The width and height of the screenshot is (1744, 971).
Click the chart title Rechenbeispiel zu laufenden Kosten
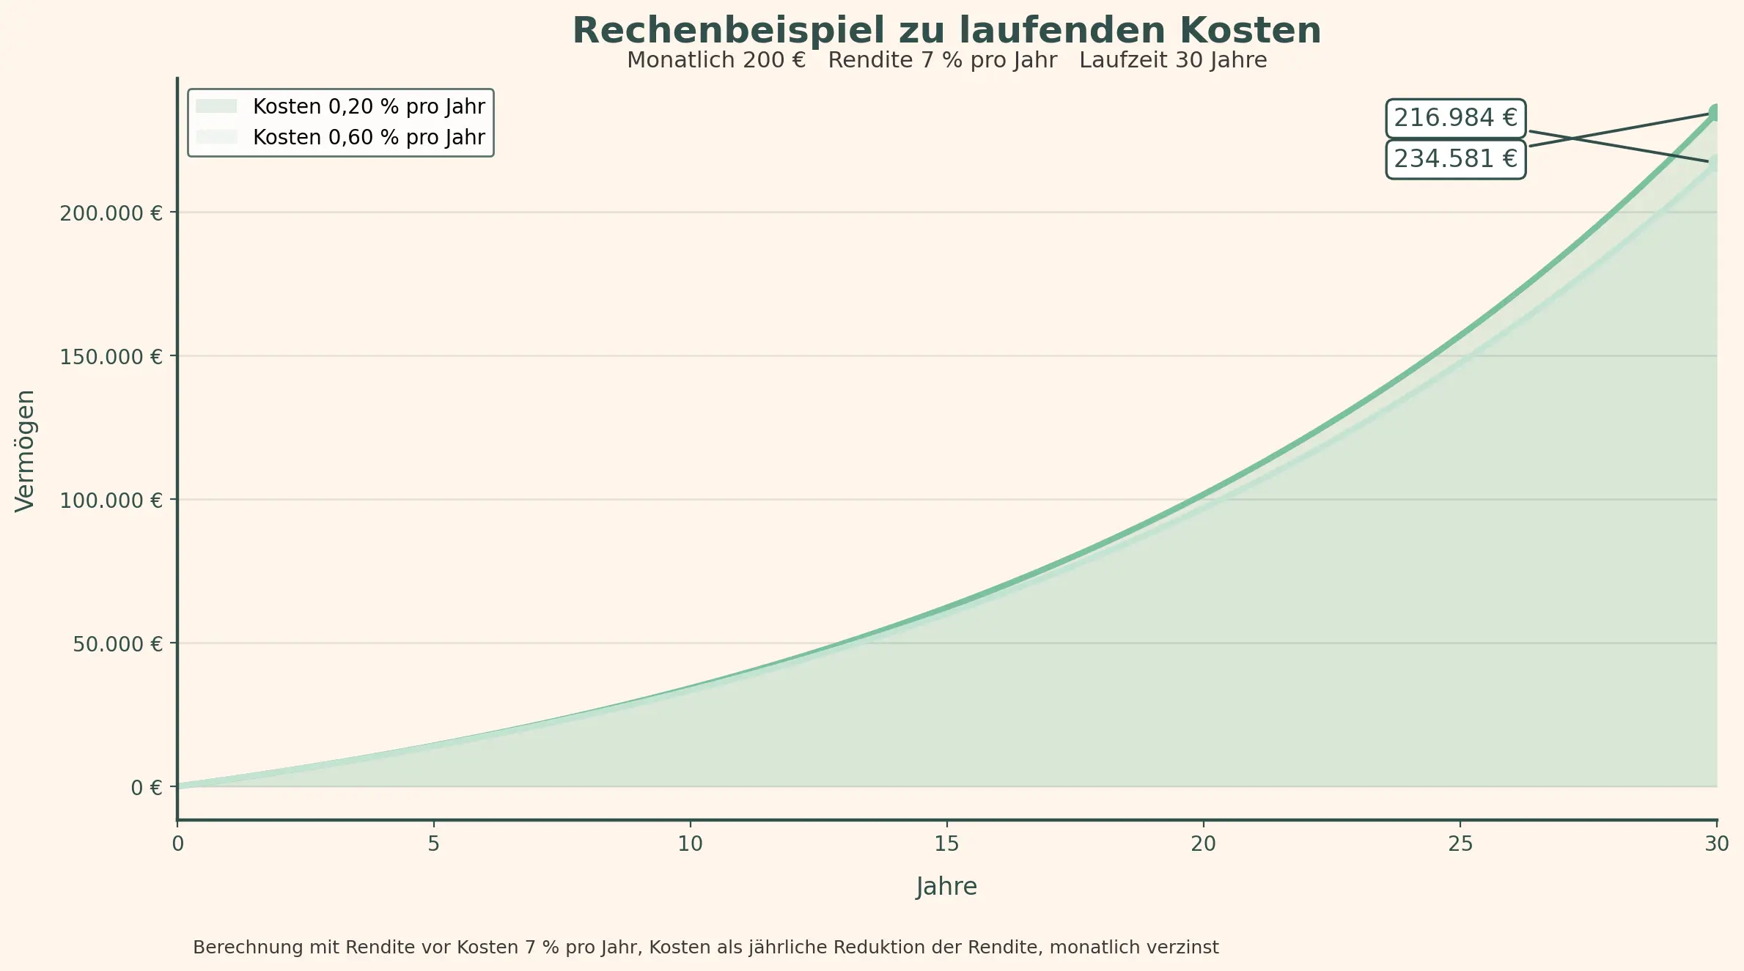(946, 31)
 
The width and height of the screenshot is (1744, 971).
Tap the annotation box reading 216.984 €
(1454, 118)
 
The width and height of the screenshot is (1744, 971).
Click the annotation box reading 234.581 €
(1454, 159)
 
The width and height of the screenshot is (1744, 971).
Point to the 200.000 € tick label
(111, 213)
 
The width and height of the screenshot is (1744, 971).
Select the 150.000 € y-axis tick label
(111, 357)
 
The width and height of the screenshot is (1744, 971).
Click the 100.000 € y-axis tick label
(111, 501)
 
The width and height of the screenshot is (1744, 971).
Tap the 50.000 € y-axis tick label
(117, 644)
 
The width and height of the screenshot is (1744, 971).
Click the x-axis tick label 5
(433, 844)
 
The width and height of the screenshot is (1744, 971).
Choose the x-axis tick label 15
(946, 844)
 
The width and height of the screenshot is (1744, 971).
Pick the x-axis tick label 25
(1460, 844)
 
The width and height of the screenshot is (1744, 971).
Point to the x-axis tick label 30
(1716, 844)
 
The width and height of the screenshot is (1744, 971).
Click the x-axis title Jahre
(946, 887)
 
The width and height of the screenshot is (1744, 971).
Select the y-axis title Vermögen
(25, 451)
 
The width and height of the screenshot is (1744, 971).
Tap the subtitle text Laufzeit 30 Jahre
(1172, 60)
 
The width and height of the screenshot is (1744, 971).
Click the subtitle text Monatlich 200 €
(715, 60)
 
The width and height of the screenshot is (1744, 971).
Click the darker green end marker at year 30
(1715, 112)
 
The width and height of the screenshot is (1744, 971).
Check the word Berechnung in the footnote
(247, 948)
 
